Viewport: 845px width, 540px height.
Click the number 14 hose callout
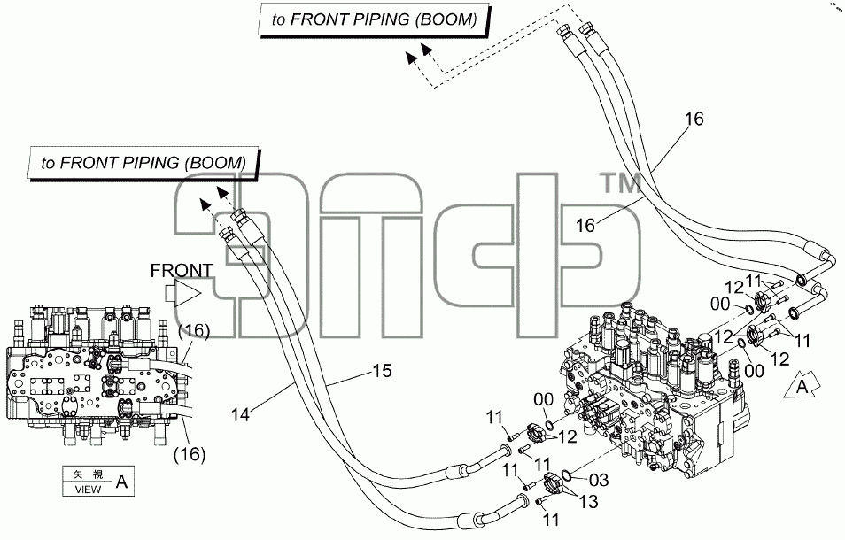pos(241,414)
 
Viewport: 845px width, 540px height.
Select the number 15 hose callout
pos(382,371)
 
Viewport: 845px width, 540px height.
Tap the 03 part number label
pos(598,480)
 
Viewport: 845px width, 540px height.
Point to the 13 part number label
pos(588,502)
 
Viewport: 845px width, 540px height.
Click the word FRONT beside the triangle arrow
pos(182,270)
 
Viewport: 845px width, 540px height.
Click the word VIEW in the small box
pos(88,490)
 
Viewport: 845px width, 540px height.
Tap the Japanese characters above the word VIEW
pos(88,474)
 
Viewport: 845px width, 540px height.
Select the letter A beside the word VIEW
pos(122,482)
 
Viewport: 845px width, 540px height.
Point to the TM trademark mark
pos(622,183)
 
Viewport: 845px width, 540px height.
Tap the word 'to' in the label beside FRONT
pos(48,163)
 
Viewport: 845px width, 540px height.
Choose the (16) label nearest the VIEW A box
pos(190,454)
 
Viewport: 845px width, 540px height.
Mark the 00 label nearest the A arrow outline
pos(754,370)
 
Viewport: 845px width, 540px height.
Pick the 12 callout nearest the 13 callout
pos(567,436)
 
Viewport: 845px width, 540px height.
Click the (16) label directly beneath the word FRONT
pos(193,330)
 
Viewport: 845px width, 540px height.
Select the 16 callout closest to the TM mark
pos(585,225)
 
